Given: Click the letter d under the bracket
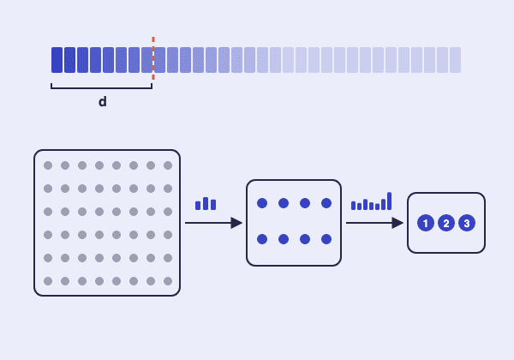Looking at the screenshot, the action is pyautogui.click(x=102, y=102).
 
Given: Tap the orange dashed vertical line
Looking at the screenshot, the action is pyautogui.click(x=153, y=58).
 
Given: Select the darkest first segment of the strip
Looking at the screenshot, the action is pyautogui.click(x=57, y=60).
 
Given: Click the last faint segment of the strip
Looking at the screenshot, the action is pyautogui.click(x=455, y=60).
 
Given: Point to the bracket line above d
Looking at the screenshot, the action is pyautogui.click(x=102, y=87).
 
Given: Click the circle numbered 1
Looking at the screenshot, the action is pyautogui.click(x=426, y=223).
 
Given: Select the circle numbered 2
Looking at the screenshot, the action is pyautogui.click(x=446, y=223).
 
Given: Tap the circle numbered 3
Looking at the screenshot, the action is pyautogui.click(x=467, y=223).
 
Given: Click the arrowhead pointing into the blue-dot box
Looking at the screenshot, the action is pyautogui.click(x=236, y=223).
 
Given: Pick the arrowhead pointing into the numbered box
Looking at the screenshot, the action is pyautogui.click(x=397, y=223).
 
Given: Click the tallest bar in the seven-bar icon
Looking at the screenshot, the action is pyautogui.click(x=389, y=201).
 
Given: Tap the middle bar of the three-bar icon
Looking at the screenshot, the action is pyautogui.click(x=206, y=204).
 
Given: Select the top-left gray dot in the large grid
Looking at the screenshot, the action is pyautogui.click(x=48, y=165).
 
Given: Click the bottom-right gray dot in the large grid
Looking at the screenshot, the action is pyautogui.click(x=168, y=281).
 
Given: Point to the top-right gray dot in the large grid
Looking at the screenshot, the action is pyautogui.click(x=168, y=165).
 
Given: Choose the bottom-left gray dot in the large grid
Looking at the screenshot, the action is pyautogui.click(x=48, y=281).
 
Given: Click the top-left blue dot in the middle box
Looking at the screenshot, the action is pyautogui.click(x=262, y=203).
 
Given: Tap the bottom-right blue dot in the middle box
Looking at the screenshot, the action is pyautogui.click(x=326, y=239).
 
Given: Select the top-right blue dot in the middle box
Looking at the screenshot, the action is pyautogui.click(x=326, y=203).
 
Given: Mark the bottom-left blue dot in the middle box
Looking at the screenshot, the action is pyautogui.click(x=262, y=239).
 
